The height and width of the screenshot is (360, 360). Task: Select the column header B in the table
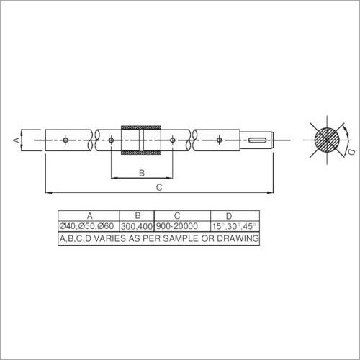(x=135, y=215)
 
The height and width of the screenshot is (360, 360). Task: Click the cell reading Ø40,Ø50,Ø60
(x=88, y=225)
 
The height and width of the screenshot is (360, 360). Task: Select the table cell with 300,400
(x=135, y=225)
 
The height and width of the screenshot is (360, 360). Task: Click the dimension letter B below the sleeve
(x=141, y=172)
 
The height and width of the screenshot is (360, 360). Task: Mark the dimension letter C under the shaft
(x=158, y=188)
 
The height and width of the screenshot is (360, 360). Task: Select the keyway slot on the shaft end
(x=261, y=139)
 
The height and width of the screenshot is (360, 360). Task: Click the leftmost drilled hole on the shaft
(x=65, y=139)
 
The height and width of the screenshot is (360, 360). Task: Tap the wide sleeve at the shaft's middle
(x=141, y=139)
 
